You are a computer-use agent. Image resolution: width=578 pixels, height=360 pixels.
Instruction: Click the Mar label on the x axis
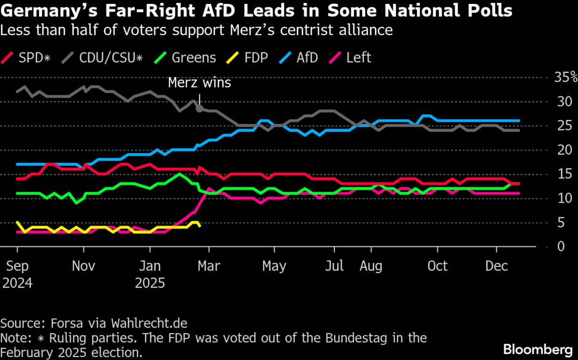[x=209, y=266]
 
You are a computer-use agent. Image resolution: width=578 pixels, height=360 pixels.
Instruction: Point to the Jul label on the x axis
[x=334, y=266]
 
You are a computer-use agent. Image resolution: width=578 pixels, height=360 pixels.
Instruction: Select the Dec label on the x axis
[x=497, y=266]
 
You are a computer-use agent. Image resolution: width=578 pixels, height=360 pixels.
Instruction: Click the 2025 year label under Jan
[x=150, y=282]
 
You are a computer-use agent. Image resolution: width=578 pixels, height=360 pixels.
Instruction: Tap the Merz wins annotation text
[x=199, y=83]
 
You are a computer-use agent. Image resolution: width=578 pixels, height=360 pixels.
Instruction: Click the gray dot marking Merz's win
[x=199, y=109]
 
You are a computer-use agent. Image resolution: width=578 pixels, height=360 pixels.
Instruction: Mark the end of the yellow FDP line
[x=199, y=226]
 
